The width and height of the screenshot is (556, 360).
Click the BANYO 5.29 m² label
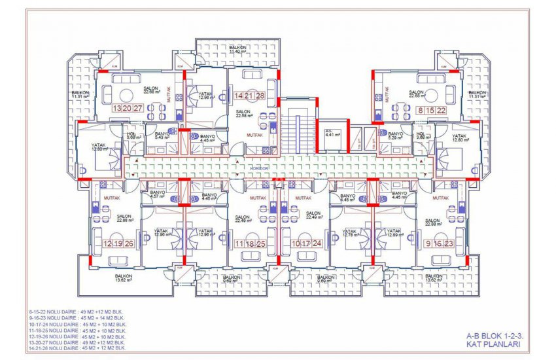(394, 135)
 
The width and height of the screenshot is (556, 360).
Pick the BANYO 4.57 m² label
(157, 194)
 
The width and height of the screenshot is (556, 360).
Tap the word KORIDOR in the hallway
(260, 168)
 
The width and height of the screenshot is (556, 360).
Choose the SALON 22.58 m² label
(245, 115)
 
